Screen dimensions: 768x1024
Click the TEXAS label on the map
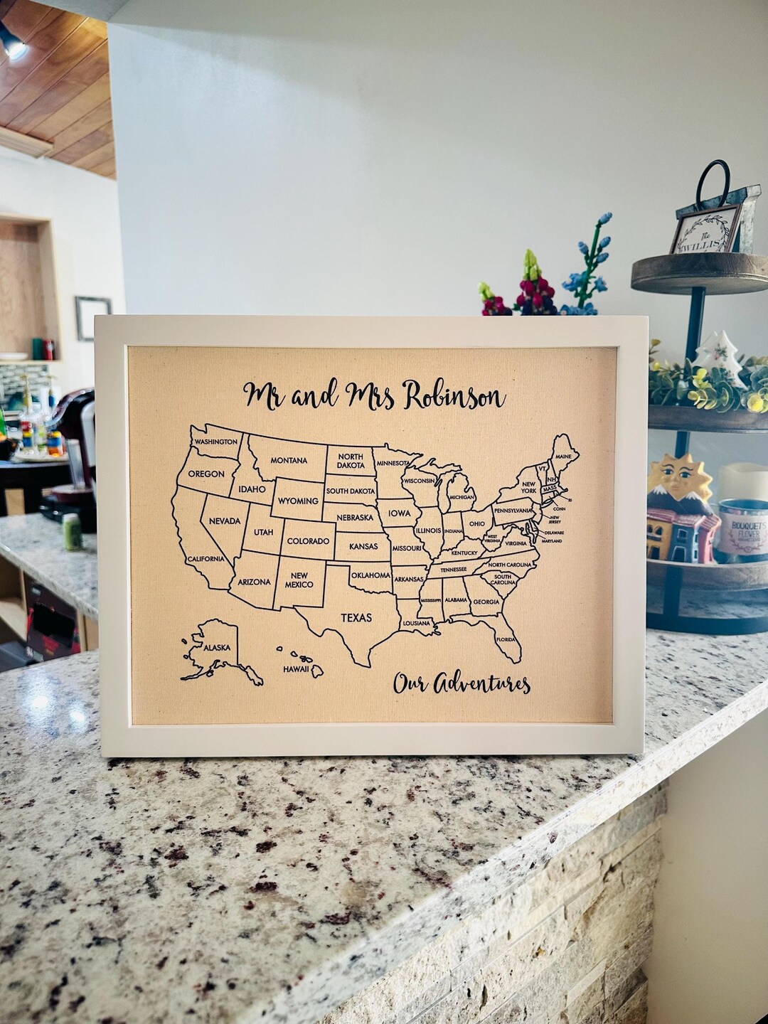coord(356,617)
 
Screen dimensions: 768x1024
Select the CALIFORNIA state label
coord(206,559)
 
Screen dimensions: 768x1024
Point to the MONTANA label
coord(289,460)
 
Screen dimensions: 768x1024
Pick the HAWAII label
coord(296,669)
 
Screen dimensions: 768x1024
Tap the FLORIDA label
coord(506,639)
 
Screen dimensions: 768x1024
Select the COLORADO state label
coord(308,541)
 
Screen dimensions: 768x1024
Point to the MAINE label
coord(563,456)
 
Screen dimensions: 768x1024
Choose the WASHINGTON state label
coord(216,442)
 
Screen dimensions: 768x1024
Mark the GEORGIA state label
coord(486,602)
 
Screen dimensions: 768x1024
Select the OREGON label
coord(206,474)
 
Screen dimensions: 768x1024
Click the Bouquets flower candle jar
coord(742,530)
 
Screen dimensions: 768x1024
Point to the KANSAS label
coord(363,547)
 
